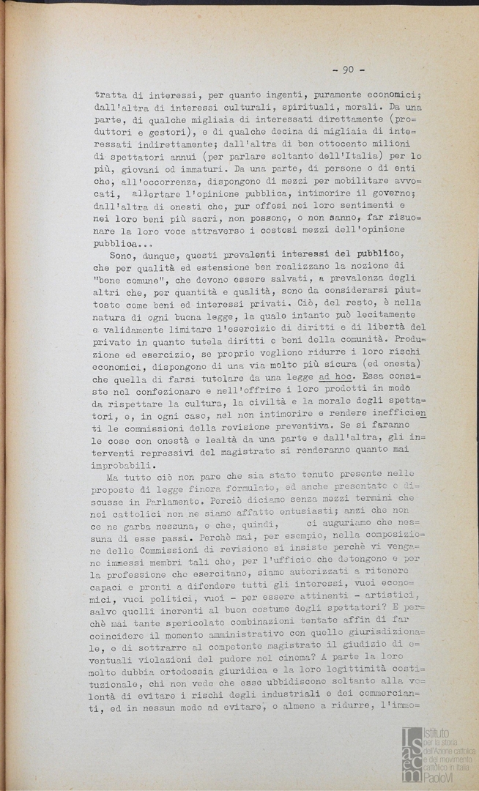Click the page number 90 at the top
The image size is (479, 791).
(348, 70)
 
